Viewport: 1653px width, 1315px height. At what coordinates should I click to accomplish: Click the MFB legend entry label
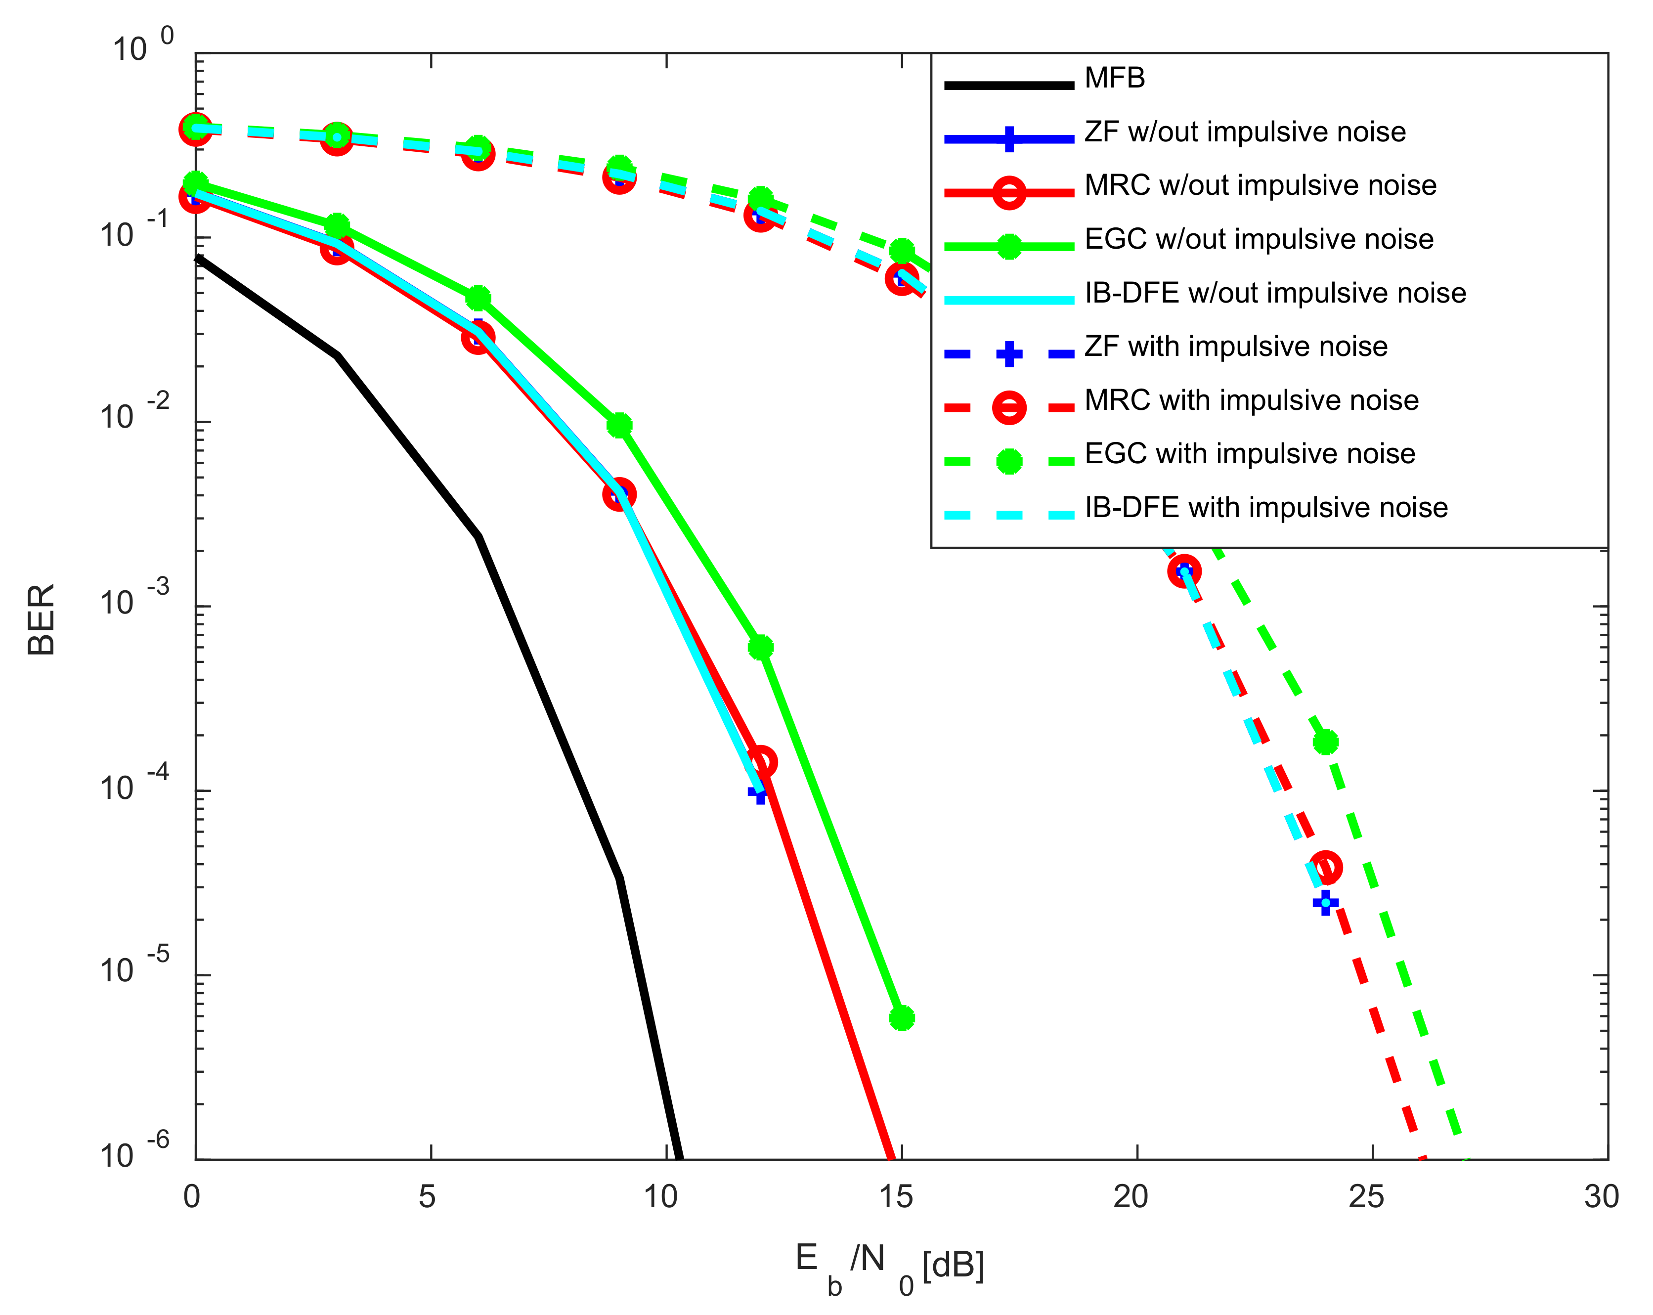1115,78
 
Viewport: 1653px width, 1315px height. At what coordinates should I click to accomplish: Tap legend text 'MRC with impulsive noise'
1251,400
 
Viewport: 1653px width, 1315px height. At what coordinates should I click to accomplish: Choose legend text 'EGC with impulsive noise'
1250,454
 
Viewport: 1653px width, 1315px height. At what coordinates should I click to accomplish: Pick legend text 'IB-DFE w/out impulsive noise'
1275,293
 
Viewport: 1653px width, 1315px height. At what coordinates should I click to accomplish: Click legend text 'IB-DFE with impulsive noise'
1266,508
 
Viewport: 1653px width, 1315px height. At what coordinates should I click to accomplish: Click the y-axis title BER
42,619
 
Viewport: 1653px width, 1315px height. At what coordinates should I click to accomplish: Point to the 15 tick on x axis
896,1197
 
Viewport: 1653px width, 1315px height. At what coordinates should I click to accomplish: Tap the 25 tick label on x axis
1366,1197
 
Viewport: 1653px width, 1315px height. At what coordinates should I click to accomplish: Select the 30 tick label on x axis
1602,1197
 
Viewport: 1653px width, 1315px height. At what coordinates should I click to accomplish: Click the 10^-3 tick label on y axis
134,599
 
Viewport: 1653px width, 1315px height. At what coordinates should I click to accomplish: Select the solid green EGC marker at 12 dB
761,648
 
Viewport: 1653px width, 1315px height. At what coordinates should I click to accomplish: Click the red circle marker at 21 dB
1184,570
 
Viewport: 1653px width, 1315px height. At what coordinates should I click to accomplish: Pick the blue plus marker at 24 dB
1326,903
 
